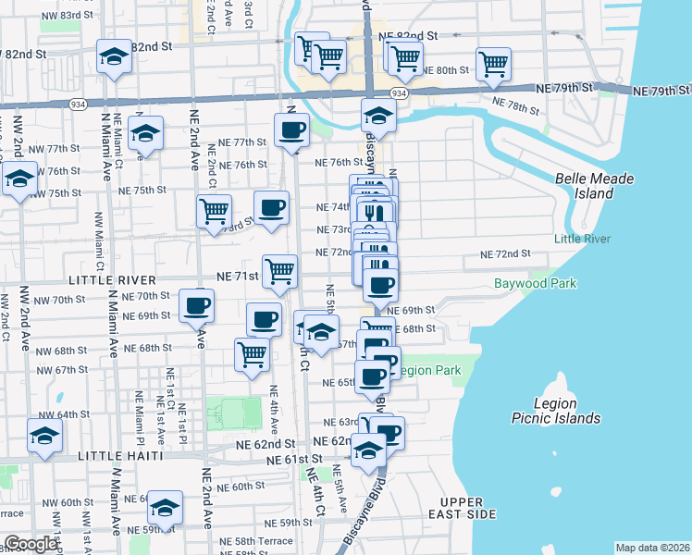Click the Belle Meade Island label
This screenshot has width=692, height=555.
click(586, 186)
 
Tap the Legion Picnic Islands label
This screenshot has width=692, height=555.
click(556, 411)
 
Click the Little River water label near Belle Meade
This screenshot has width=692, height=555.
click(582, 239)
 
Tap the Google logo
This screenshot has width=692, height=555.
click(31, 544)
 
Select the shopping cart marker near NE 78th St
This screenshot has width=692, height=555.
click(494, 64)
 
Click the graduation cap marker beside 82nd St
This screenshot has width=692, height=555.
click(115, 56)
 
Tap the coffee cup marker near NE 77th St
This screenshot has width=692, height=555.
click(292, 129)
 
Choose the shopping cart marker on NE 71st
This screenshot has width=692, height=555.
click(279, 271)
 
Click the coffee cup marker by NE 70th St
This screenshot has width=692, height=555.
click(196, 304)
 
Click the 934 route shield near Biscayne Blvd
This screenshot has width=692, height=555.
click(398, 94)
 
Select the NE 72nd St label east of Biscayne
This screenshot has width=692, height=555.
click(505, 253)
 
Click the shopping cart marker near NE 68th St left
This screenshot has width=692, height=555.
click(252, 353)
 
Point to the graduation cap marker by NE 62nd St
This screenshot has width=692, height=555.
click(369, 450)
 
